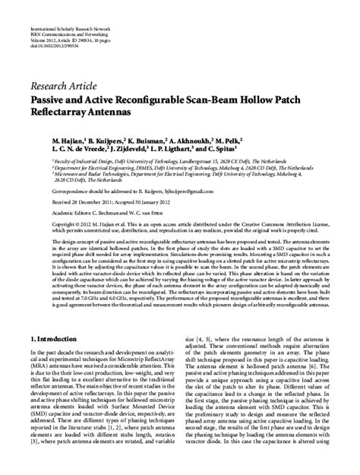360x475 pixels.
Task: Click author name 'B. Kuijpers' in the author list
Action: coord(112,141)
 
